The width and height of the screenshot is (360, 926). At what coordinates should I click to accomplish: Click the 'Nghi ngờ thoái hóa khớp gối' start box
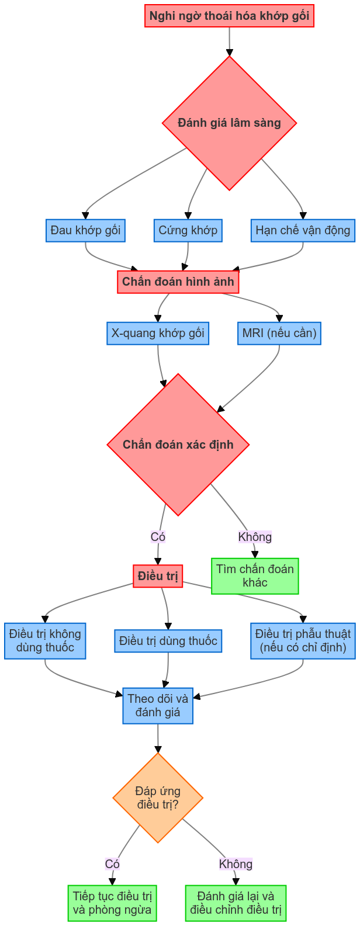pos(229,16)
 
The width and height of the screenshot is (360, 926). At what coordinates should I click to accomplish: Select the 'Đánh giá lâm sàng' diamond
pos(229,123)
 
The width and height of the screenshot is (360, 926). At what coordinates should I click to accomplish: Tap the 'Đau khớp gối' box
pos(85,230)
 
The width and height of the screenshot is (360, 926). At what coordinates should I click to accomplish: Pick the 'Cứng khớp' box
pos(188,230)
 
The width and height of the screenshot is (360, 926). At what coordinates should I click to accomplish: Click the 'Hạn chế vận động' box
pos(303,230)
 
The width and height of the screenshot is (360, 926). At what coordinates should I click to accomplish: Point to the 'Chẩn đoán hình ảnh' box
pos(178,282)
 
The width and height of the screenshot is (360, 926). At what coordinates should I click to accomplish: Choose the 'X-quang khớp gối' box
pos(158,333)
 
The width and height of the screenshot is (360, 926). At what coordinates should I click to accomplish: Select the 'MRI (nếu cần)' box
pos(279,333)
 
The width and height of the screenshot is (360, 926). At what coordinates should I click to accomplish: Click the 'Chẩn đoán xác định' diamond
pos(178,445)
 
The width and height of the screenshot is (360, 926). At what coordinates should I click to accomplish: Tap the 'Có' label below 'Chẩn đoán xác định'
pos(158,536)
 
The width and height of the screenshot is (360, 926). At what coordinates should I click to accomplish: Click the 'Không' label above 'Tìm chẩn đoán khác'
pos(255,536)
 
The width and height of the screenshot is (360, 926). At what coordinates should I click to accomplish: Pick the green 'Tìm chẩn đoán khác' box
pos(255,575)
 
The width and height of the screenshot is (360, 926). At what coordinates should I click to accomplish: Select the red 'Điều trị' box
pos(158,576)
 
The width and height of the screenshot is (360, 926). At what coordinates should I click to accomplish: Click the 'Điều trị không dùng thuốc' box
pos(45,641)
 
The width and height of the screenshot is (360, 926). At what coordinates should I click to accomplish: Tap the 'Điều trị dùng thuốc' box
pos(168,641)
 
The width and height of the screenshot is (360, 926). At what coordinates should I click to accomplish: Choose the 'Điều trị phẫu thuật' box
pos(303,641)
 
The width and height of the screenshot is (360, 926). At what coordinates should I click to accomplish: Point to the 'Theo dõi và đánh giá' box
pos(158,705)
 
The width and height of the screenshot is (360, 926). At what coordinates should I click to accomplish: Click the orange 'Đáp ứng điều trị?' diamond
pos(158,798)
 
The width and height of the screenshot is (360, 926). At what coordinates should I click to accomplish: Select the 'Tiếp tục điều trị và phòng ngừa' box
pos(112,903)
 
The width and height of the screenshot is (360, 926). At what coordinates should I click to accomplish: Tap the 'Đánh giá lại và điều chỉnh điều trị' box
pos(236,903)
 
